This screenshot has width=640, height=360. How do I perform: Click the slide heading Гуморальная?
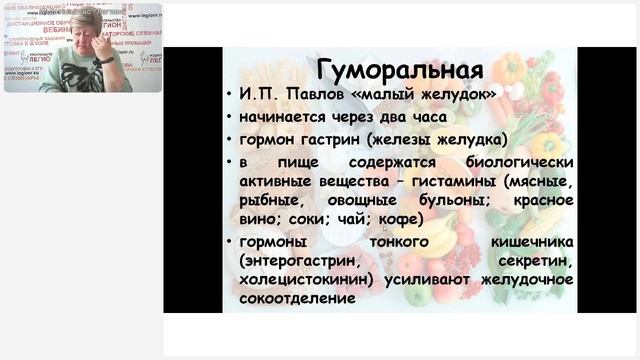coord(399,71)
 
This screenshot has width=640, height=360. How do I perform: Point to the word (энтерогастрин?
coord(301,261)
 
